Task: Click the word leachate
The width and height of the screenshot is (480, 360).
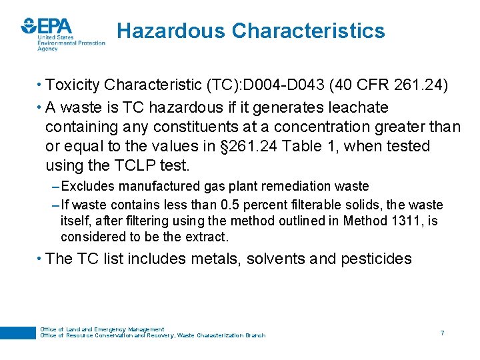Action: (x=355, y=107)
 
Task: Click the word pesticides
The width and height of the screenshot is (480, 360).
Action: (x=376, y=259)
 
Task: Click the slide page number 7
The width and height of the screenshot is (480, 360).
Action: (x=442, y=332)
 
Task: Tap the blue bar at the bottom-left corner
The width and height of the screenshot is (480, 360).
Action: (x=17, y=332)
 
